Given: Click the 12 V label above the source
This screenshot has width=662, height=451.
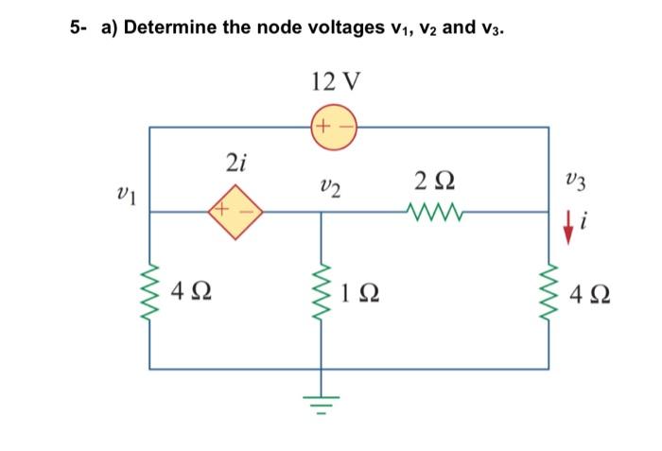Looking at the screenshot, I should coord(334,83).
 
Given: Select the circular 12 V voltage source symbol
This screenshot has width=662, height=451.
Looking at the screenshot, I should coord(334,127).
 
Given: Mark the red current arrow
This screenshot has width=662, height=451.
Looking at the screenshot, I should coord(568,227).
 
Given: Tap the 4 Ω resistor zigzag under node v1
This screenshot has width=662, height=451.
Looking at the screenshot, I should coord(148,290).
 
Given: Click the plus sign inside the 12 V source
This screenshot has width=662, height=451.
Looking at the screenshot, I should coord(323,127).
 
